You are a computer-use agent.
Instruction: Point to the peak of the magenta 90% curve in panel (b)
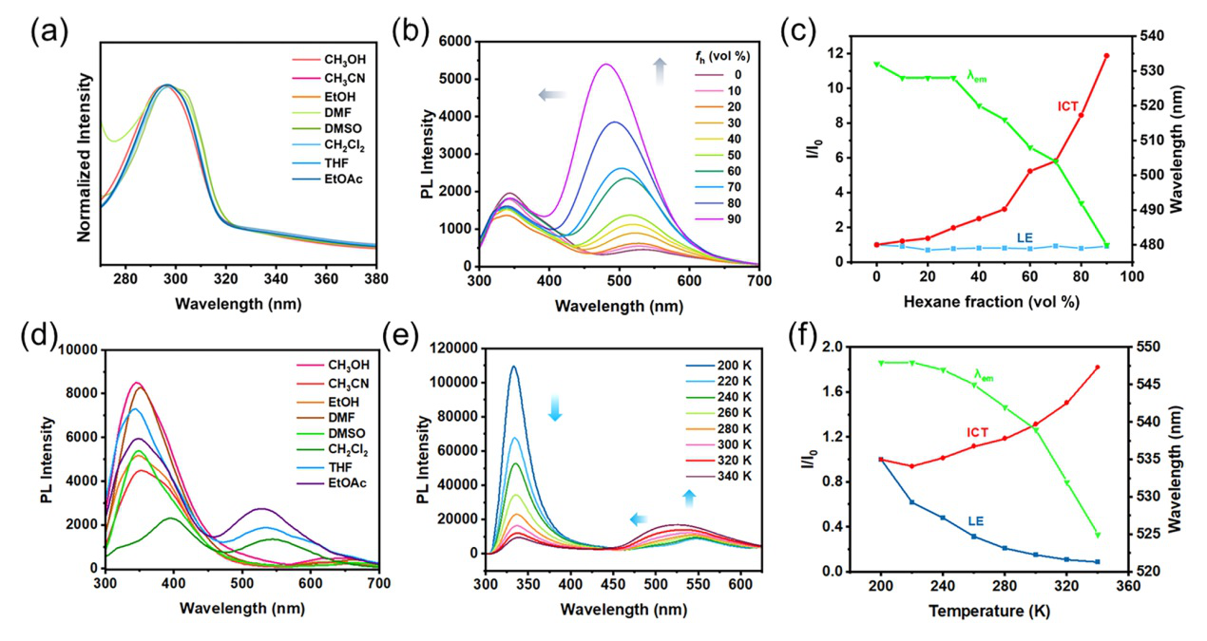(x=605, y=65)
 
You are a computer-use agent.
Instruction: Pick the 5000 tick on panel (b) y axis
(x=453, y=79)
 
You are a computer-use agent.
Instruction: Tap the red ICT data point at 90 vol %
(x=1106, y=56)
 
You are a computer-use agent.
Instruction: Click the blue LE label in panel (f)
(x=975, y=521)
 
